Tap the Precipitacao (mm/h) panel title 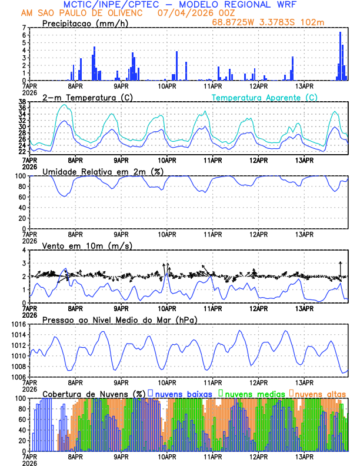point(85,23)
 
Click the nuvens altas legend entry point(321,393)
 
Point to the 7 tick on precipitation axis point(24,28)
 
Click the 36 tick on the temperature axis point(22,107)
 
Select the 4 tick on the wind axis point(24,250)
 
